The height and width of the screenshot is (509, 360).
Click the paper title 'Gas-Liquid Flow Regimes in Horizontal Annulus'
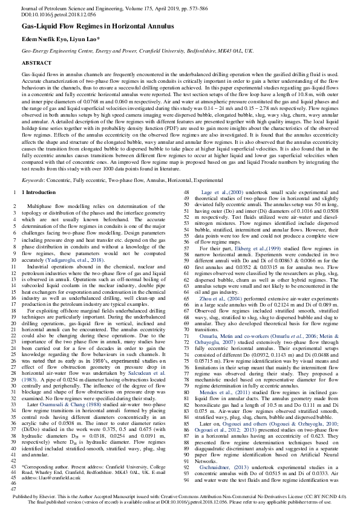tap(95, 28)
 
